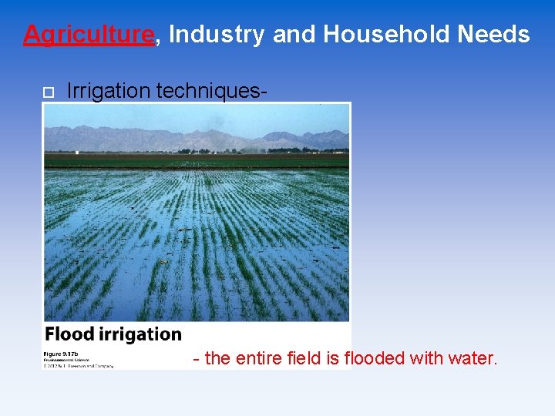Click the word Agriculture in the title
point(89,35)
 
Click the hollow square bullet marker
point(48,92)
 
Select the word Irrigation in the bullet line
point(109,91)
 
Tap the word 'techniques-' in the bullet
point(212,91)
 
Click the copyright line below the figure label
point(78,365)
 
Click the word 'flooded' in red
point(375,358)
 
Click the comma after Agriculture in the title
point(158,41)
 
